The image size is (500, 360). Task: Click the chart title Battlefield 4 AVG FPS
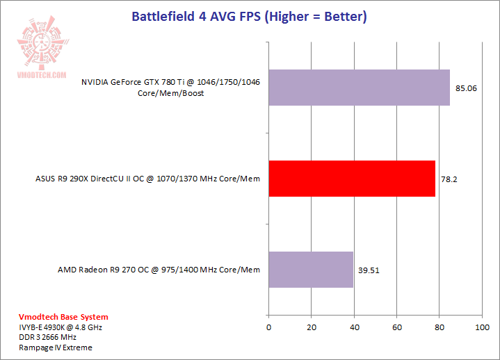tap(250, 15)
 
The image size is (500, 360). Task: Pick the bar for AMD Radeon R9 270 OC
tap(311, 270)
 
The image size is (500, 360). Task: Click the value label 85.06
tap(466, 88)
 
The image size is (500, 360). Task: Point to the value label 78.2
tap(449, 179)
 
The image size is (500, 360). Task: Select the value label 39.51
tap(369, 270)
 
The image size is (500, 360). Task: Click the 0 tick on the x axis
tap(268, 327)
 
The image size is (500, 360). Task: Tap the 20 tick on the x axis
tap(311, 327)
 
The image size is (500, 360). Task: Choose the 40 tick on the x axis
tap(354, 327)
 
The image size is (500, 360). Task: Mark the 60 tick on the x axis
tap(396, 327)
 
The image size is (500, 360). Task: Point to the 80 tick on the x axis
tap(439, 327)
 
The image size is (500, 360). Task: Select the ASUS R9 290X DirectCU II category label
tap(147, 179)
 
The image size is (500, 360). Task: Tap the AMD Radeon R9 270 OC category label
tap(159, 270)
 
